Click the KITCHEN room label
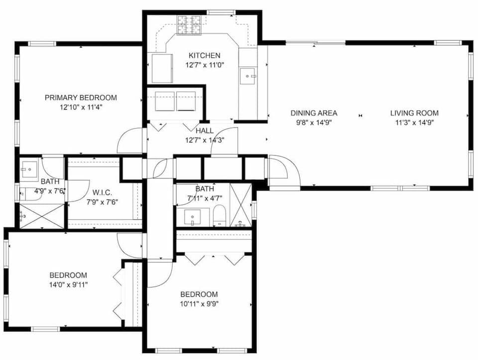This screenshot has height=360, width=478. coord(204,55)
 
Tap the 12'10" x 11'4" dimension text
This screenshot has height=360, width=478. coord(81,107)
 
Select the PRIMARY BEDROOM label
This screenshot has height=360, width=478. coord(81,98)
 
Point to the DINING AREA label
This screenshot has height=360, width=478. coord(314,113)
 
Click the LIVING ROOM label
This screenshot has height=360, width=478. coord(414,113)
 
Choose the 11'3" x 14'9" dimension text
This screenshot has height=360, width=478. coord(414,122)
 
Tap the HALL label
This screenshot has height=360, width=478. coord(204,130)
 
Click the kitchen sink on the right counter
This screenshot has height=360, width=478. coord(247,76)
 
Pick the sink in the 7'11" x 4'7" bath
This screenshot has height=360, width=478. coord(192,217)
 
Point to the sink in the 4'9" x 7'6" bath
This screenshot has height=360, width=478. coord(28,169)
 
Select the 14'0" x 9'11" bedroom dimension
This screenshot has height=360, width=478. coord(68,284)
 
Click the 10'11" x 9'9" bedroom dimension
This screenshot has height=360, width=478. coord(199,303)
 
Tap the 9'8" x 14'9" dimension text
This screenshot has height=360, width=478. coord(314,122)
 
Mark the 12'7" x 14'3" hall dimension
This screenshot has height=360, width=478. coord(204,140)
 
